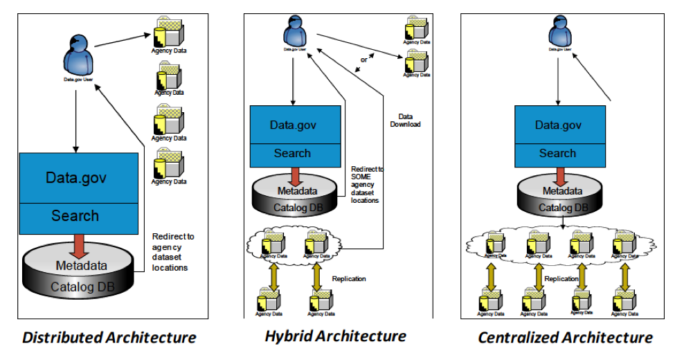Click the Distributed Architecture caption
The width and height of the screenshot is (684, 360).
[x=109, y=338]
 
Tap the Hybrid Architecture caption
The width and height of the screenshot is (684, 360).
[x=335, y=336]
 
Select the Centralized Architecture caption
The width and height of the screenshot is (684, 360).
[x=565, y=338]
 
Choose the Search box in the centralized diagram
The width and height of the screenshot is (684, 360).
[x=558, y=153]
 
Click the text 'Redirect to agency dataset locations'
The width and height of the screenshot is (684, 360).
[x=172, y=251]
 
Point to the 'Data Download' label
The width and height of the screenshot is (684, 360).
[x=409, y=120]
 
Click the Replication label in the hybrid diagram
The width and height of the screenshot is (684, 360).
[x=349, y=278]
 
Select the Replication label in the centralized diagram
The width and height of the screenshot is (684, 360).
[x=561, y=278]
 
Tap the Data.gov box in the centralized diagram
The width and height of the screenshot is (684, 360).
[x=558, y=125]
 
